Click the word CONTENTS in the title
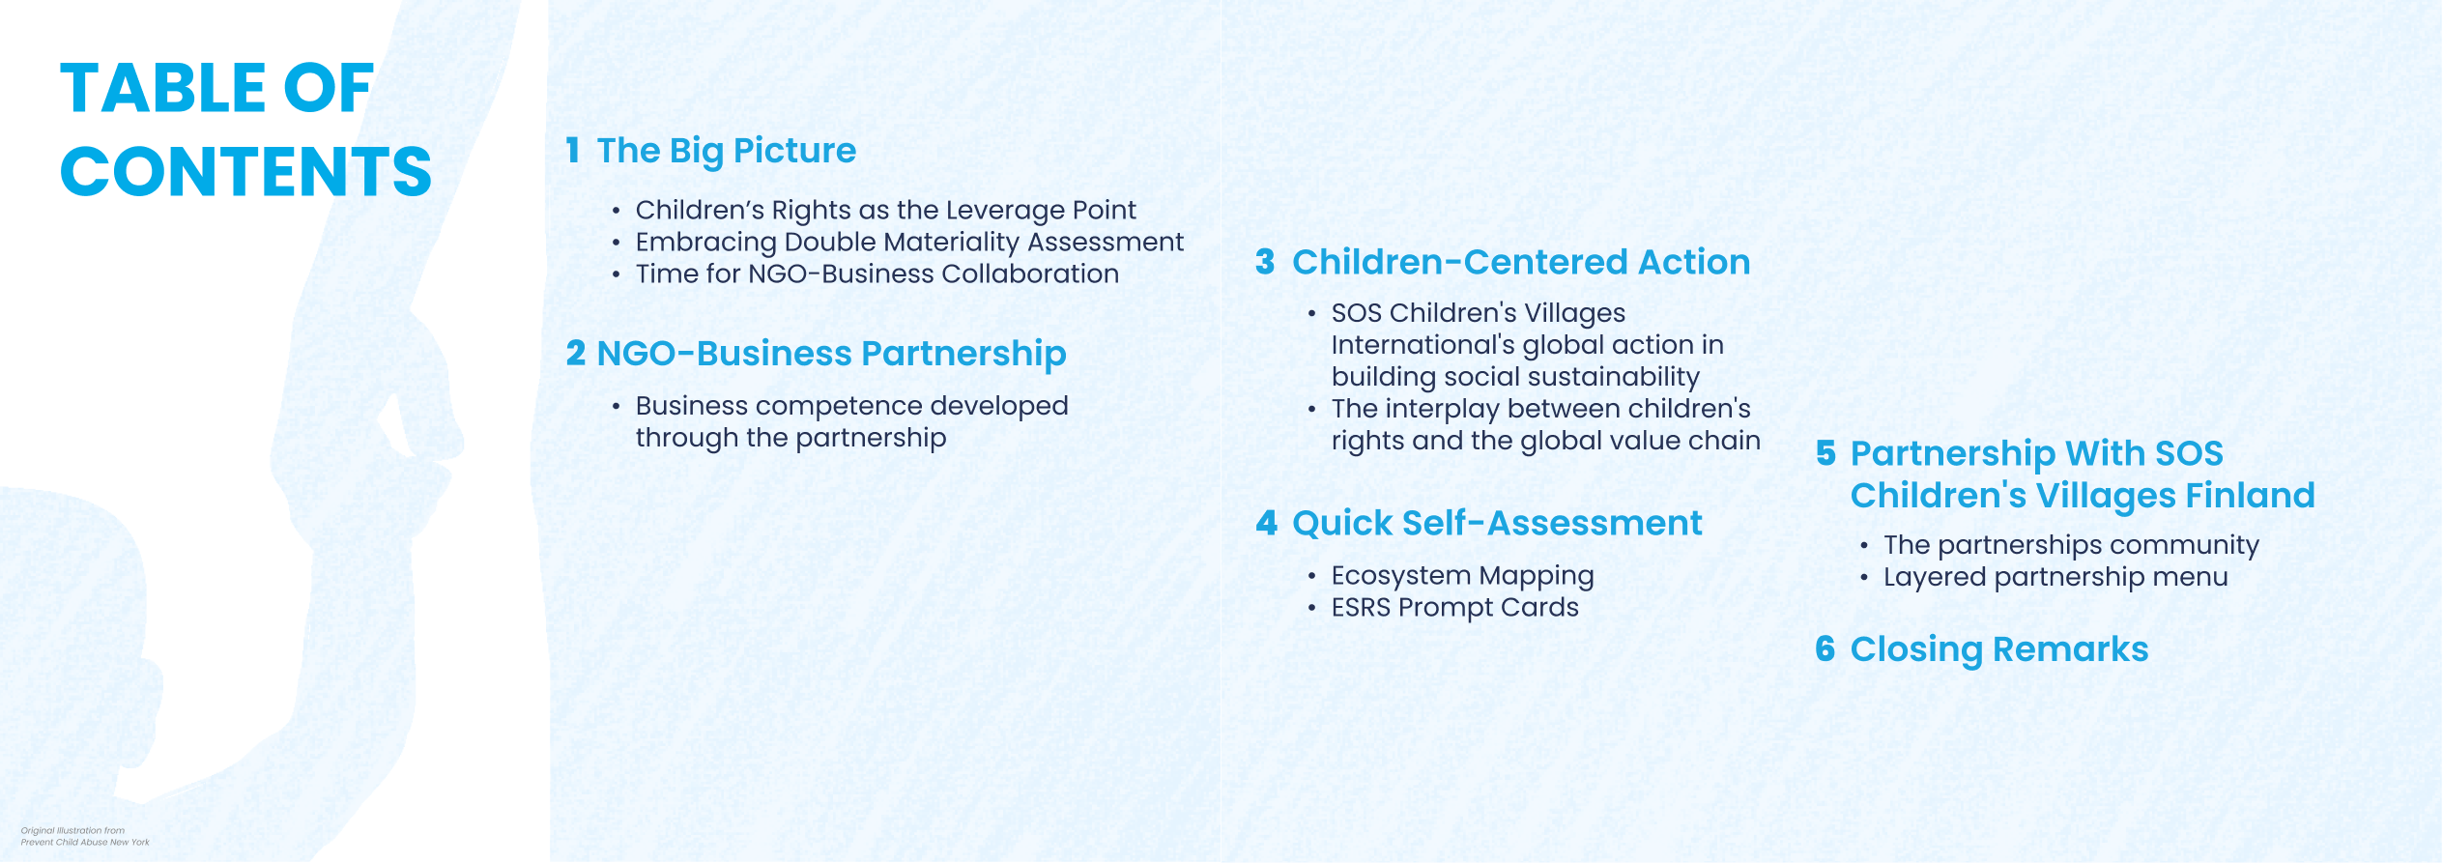(x=245, y=171)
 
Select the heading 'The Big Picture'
(x=726, y=152)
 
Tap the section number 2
(x=576, y=353)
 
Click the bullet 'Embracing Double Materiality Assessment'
(x=909, y=242)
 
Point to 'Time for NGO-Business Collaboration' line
(x=877, y=273)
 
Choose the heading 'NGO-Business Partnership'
(x=831, y=354)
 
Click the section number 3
(x=1265, y=262)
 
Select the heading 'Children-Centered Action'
(x=1521, y=262)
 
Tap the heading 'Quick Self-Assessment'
(x=1497, y=523)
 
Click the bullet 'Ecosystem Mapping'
(x=1462, y=576)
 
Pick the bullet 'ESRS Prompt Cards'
(x=1454, y=608)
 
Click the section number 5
(x=1825, y=453)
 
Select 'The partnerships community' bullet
(x=2071, y=545)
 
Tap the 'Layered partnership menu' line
(x=2055, y=577)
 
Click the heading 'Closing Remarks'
(x=1998, y=649)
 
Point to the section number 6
(x=1825, y=648)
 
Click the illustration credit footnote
(x=85, y=837)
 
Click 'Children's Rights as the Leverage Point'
(x=885, y=210)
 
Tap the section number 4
(x=1266, y=523)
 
